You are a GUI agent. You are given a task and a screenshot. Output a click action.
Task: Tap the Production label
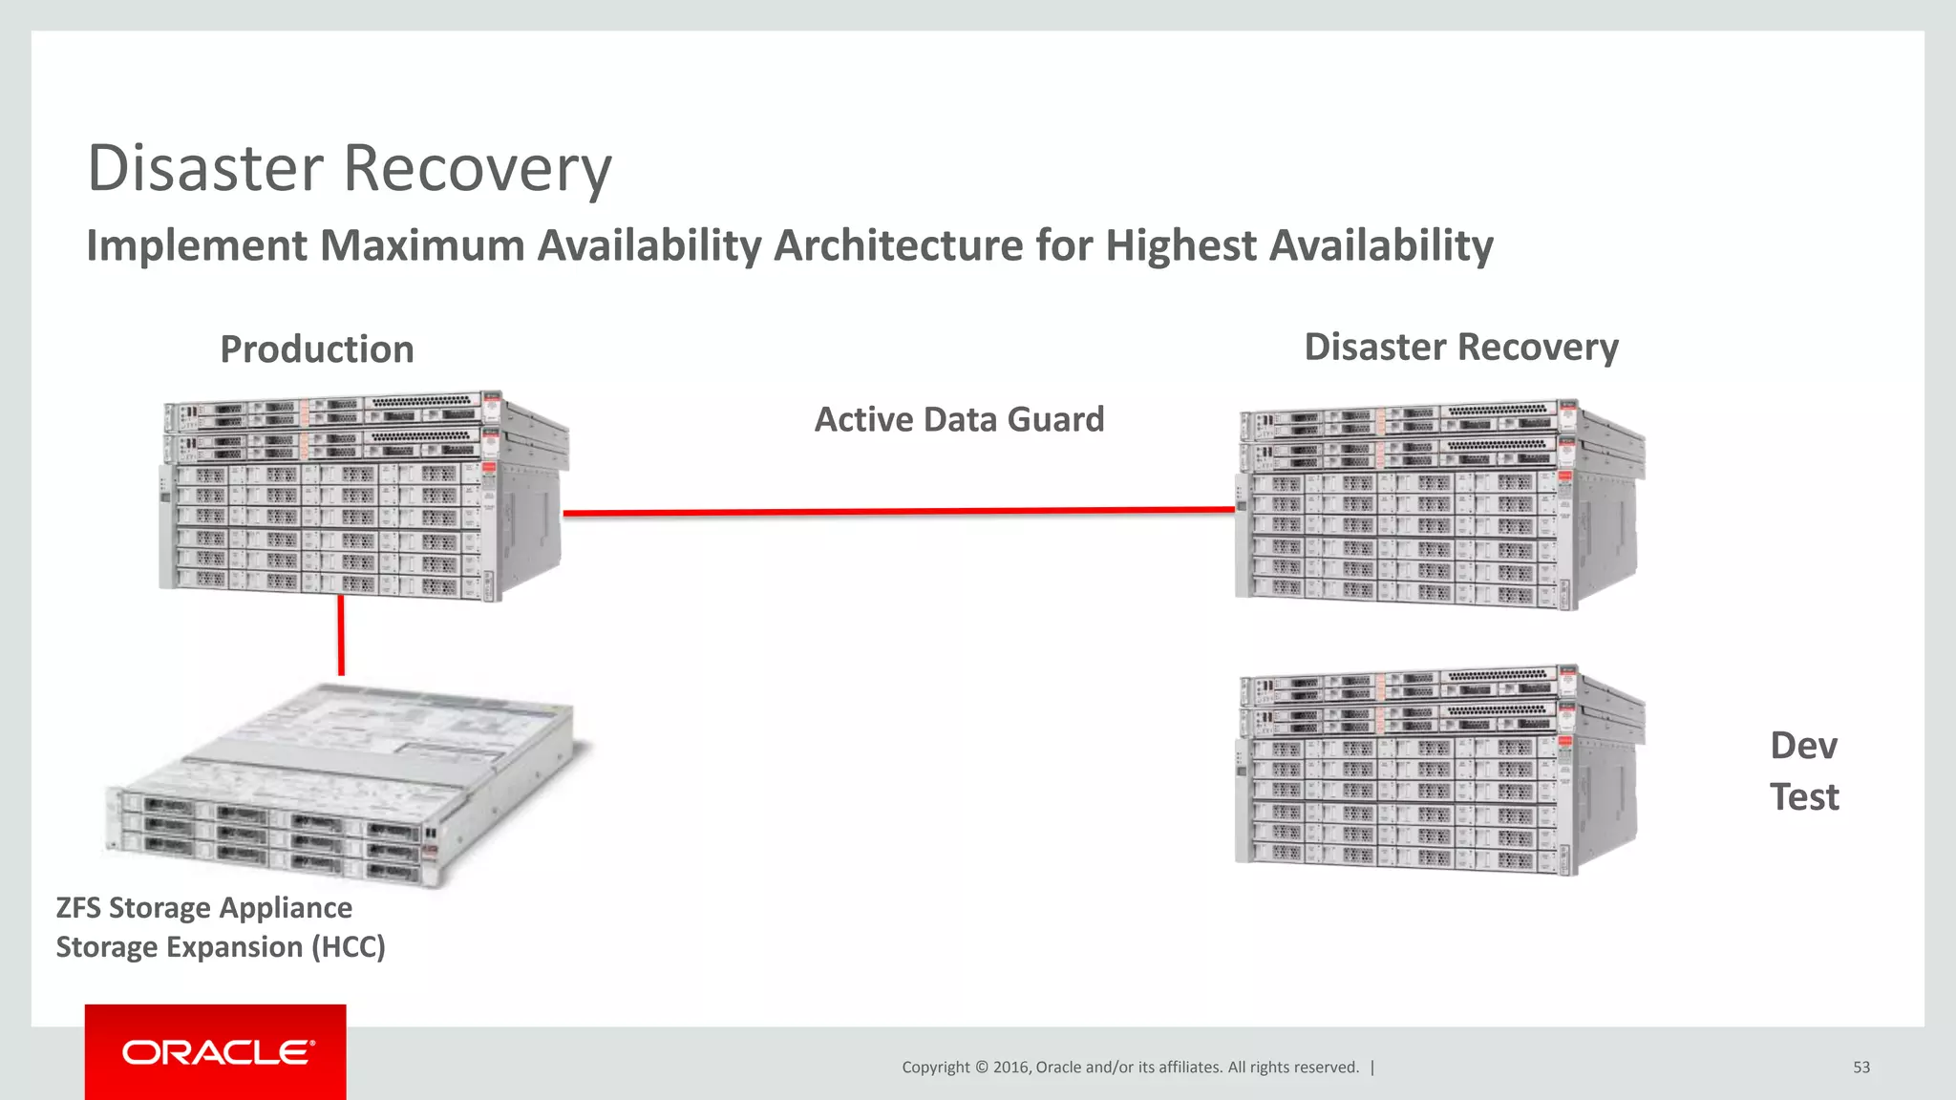317,349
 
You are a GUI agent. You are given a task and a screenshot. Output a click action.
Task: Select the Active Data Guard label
959,419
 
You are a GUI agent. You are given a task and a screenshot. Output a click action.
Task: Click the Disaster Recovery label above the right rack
1460,347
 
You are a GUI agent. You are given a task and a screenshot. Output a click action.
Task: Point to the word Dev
1802,746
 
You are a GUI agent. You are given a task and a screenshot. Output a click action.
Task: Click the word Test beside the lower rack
1803,796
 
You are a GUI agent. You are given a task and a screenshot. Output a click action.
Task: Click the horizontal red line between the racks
898,512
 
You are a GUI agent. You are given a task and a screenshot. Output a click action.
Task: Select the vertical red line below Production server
341,636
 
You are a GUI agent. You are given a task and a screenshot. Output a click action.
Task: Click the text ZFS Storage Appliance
203,907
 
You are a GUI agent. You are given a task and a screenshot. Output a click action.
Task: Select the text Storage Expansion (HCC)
220,947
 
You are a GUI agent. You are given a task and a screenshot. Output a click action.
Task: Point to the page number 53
1860,1068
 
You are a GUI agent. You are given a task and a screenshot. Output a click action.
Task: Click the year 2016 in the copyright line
1010,1068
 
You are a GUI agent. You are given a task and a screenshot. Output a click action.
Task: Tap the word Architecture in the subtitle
898,245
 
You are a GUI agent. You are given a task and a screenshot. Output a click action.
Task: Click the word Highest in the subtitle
1180,245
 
